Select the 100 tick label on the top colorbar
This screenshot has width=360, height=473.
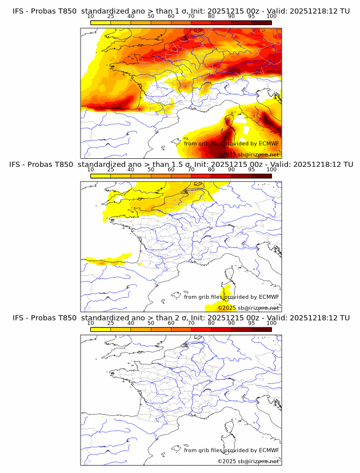tap(271, 16)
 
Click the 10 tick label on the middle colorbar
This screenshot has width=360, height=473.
tap(90, 169)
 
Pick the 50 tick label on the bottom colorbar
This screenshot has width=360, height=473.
tap(151, 322)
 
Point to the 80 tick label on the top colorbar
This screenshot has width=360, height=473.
tap(211, 16)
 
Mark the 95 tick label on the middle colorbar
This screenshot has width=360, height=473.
tap(251, 169)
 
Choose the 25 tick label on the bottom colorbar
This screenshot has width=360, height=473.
tap(110, 322)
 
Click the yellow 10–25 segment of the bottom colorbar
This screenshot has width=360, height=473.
tap(101, 328)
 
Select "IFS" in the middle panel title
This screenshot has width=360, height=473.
tap(18, 165)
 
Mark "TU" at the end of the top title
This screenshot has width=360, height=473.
tap(345, 11)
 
